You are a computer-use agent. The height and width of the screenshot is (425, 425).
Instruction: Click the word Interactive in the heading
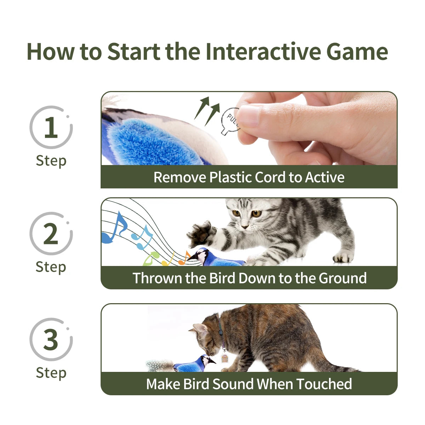point(263,52)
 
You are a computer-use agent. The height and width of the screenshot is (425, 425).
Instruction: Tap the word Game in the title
point(357,52)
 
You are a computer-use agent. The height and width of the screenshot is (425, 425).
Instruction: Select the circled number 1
point(51,127)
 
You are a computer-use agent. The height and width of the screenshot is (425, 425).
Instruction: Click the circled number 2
point(51,234)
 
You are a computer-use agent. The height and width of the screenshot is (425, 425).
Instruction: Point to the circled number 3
point(51,339)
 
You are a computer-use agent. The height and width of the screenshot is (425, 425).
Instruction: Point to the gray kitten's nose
point(244,226)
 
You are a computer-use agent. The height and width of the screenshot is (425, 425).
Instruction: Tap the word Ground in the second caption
point(342,278)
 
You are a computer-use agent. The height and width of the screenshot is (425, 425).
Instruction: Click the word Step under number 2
point(51,267)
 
